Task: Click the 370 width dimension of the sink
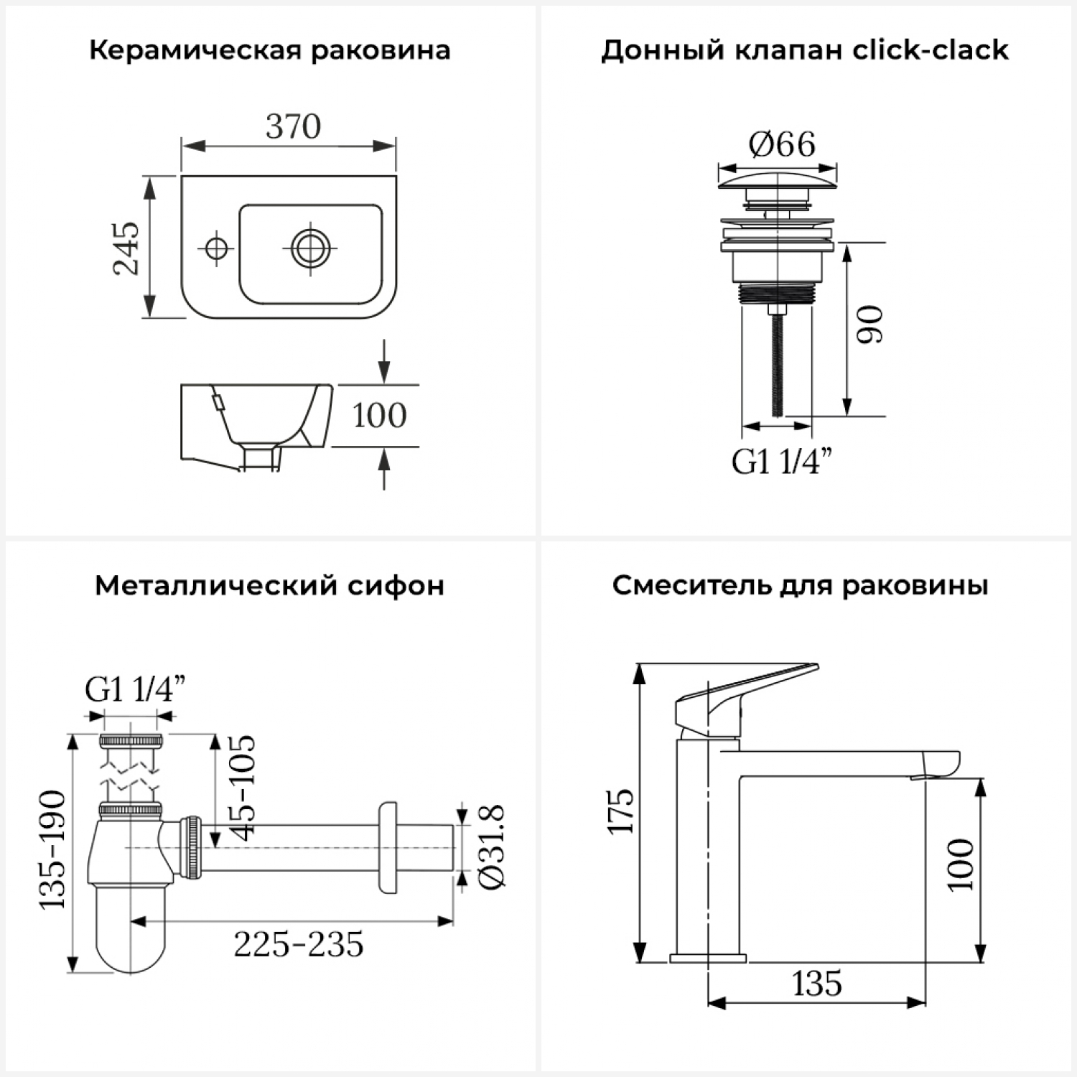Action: (293, 126)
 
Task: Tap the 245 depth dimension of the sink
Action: (126, 248)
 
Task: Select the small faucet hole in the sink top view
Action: (215, 248)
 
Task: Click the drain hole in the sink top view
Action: (310, 248)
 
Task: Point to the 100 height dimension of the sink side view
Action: (379, 415)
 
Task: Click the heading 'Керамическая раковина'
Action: (270, 51)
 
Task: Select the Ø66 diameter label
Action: (782, 144)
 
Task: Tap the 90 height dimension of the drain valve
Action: (870, 325)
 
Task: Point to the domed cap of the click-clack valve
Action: (778, 179)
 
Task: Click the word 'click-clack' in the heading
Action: (931, 50)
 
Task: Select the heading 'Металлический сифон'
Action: (270, 586)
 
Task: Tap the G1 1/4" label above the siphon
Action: (135, 689)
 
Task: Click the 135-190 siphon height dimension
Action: (52, 850)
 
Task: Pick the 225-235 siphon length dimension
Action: (299, 944)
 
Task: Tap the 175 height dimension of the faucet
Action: (621, 811)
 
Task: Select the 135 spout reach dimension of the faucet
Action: (817, 983)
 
